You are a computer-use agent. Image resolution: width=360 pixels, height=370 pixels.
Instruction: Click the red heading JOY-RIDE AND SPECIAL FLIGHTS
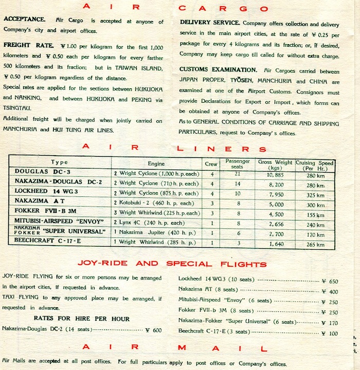[x=180, y=264]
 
